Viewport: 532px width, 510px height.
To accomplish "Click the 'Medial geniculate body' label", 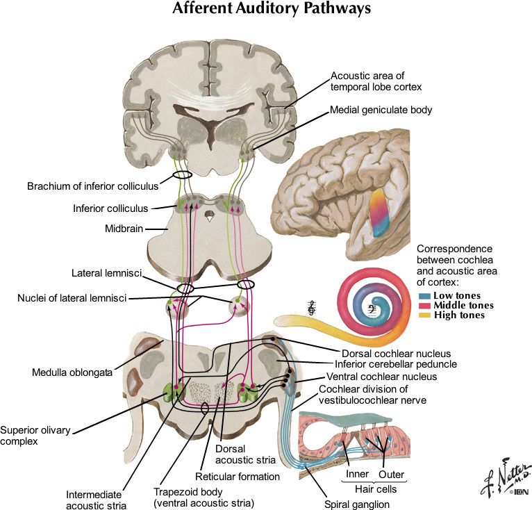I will (x=381, y=110).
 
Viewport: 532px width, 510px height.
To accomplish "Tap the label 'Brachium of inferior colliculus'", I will (x=92, y=186).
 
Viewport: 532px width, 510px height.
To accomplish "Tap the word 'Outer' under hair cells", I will (x=392, y=475).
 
